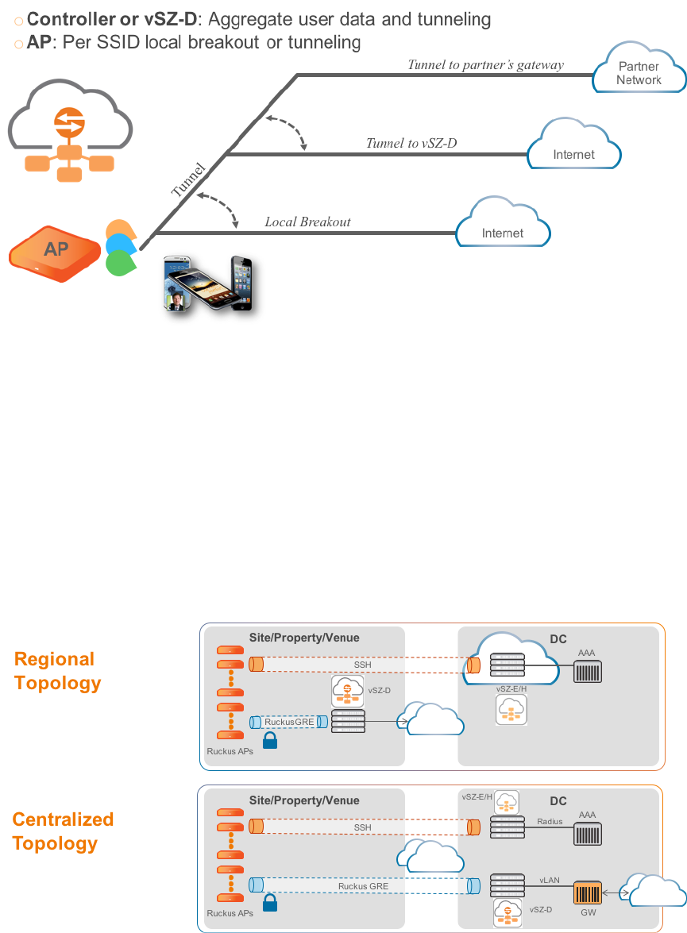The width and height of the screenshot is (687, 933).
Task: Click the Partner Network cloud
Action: (639, 72)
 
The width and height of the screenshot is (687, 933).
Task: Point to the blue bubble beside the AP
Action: (120, 245)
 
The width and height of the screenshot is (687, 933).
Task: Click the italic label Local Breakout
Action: (307, 222)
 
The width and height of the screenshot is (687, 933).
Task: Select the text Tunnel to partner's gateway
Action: (485, 65)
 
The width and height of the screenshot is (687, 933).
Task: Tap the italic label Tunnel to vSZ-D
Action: (411, 144)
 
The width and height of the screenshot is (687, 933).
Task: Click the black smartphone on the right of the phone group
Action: (241, 281)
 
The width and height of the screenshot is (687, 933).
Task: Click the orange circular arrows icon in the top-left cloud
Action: (64, 121)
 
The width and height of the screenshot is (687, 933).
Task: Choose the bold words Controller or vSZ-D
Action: (111, 18)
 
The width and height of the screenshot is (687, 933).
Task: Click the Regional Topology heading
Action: (57, 671)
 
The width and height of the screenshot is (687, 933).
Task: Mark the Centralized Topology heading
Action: (63, 831)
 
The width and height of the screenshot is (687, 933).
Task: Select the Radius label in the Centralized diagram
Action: (550, 822)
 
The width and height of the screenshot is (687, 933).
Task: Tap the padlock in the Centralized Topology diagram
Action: (269, 902)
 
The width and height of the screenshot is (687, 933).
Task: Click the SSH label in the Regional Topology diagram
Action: (361, 665)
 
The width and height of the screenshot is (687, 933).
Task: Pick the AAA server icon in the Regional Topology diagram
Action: (588, 670)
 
